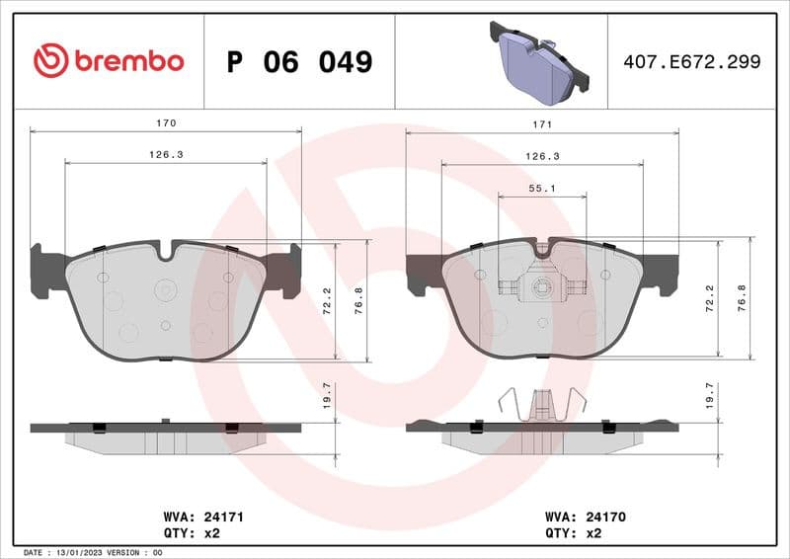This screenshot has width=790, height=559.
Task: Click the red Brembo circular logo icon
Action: [x=50, y=61]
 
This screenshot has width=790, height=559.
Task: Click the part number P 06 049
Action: [x=299, y=62]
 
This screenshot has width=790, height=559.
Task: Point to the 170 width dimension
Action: [x=166, y=123]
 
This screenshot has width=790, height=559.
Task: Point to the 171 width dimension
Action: [x=541, y=124]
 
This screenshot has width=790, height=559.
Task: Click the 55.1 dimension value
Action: [x=541, y=188]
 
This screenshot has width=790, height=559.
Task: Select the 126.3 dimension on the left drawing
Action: [x=166, y=155]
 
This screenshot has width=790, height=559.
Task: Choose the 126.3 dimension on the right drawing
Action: [x=541, y=156]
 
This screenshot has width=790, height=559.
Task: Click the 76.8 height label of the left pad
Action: [x=360, y=300]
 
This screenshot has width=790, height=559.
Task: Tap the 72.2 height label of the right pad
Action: [x=709, y=300]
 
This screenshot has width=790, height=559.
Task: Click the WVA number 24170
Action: [x=606, y=517]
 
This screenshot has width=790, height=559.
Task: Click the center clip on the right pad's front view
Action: [x=540, y=287]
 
